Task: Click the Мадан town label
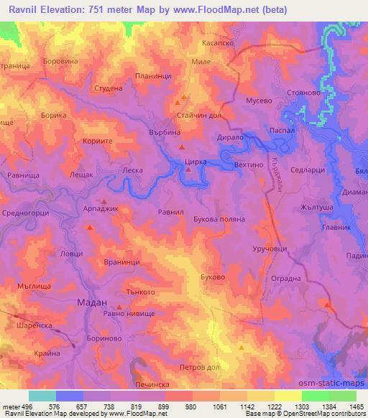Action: (x=91, y=303)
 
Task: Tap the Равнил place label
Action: (x=171, y=213)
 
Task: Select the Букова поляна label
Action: (x=215, y=219)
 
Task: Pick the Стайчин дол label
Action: (x=197, y=115)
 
